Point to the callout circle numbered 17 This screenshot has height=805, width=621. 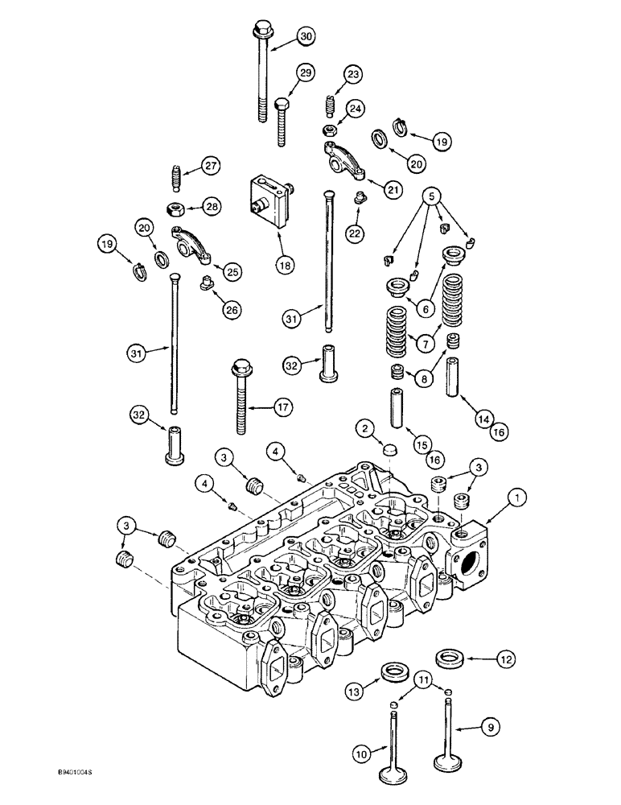(281, 408)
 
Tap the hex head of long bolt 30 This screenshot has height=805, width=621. (262, 32)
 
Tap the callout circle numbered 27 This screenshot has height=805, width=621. (211, 167)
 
